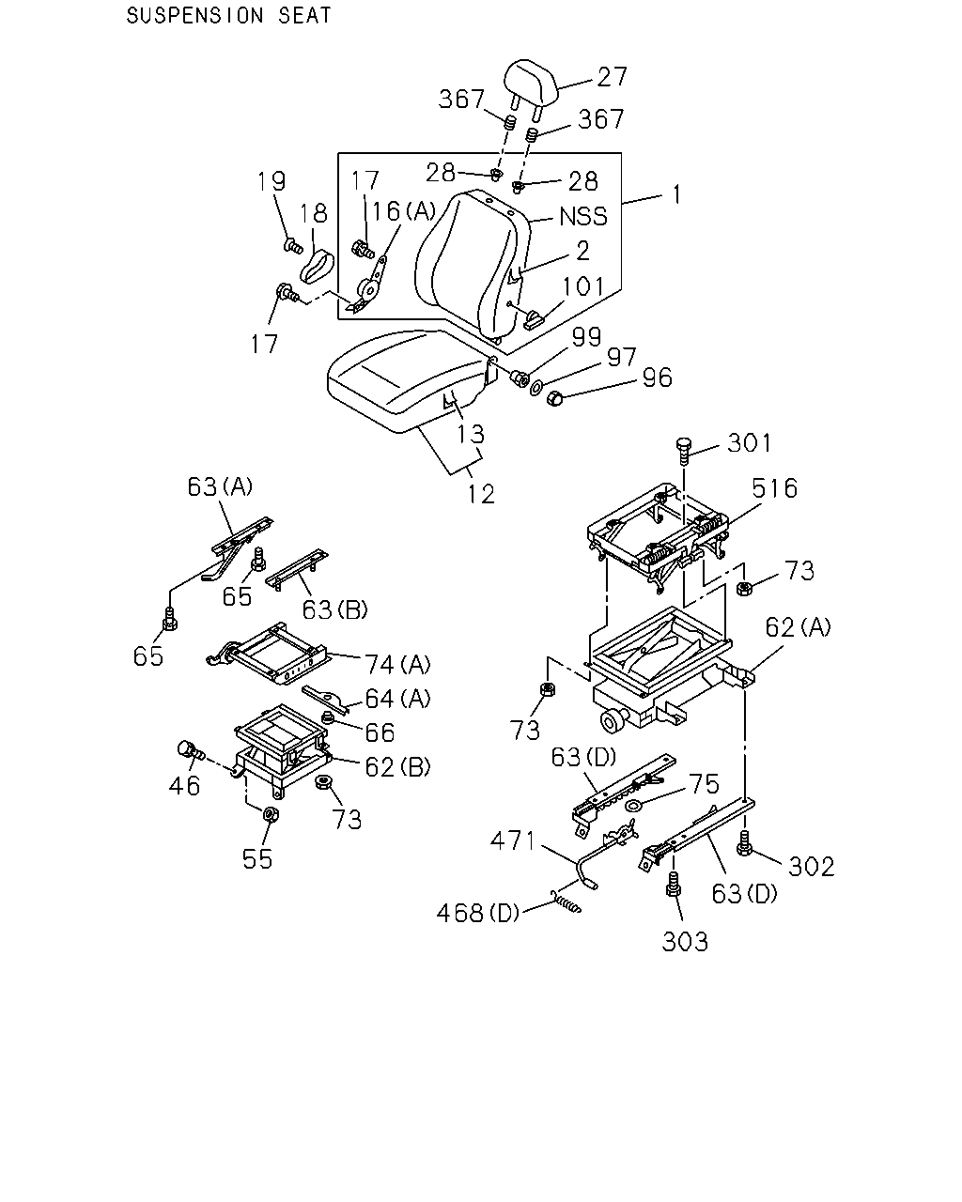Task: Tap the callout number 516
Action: coord(774,488)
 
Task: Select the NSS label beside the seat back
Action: coord(583,217)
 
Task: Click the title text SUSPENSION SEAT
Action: coord(228,16)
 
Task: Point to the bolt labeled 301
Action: coord(684,452)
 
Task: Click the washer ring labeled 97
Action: coord(536,387)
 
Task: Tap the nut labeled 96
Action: coord(554,398)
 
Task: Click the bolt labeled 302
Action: coord(743,843)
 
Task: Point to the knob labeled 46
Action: coord(191,749)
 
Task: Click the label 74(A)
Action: coord(397,665)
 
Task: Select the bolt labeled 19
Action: coord(293,245)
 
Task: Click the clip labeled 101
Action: coord(535,321)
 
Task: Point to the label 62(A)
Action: coord(798,627)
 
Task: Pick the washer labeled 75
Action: coord(634,805)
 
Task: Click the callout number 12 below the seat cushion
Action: coord(481,494)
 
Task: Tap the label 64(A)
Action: coord(397,698)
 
